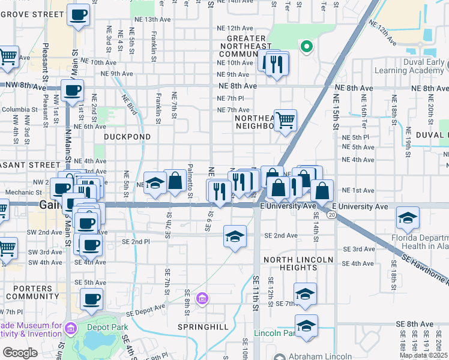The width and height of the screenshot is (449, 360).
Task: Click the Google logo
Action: pyautogui.click(x=20, y=353)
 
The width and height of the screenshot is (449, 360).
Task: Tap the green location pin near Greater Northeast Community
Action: pyautogui.click(x=306, y=46)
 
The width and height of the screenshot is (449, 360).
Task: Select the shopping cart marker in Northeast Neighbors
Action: pyautogui.click(x=285, y=119)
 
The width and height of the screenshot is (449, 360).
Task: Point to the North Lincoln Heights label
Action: pyautogui.click(x=297, y=263)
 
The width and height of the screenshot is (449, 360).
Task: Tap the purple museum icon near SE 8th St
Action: pyautogui.click(x=202, y=298)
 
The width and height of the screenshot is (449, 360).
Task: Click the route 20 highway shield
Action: pyautogui.click(x=331, y=214)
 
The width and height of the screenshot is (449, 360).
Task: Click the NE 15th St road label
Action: pyautogui.click(x=336, y=114)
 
